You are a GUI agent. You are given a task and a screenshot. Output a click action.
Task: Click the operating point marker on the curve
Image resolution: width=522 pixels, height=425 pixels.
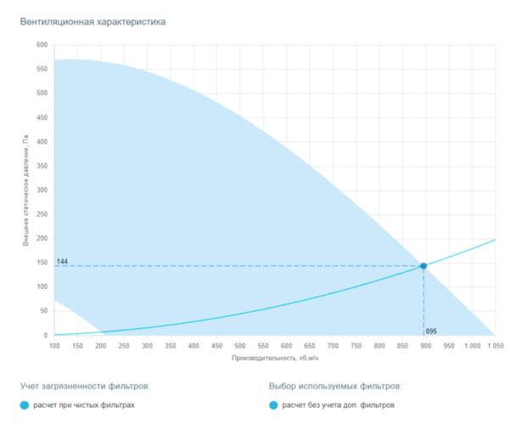tap(424, 266)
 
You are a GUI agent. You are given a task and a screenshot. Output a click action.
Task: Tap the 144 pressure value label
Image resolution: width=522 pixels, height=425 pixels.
tap(62, 261)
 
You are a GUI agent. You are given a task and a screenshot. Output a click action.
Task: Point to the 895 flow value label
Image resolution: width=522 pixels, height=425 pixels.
tap(431, 331)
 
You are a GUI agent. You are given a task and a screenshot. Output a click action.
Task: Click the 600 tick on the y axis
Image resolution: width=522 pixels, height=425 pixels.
tap(42, 45)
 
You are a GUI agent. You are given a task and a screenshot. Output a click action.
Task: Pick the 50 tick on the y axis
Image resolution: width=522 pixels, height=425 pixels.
tap(43, 311)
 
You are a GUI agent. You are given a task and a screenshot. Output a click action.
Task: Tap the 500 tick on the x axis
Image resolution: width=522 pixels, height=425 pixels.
tap(241, 346)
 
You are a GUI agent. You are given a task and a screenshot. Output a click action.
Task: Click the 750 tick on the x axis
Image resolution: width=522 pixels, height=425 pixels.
tap(357, 346)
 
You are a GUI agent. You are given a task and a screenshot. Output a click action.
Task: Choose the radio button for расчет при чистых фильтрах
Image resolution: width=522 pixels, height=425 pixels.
tap(24, 405)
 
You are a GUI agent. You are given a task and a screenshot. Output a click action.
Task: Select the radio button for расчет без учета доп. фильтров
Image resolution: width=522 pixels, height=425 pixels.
tap(273, 405)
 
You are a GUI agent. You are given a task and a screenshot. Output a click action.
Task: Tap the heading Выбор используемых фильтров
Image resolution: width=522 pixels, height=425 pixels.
tap(334, 386)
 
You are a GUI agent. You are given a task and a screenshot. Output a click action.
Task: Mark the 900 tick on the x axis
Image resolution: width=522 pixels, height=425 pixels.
tap(427, 346)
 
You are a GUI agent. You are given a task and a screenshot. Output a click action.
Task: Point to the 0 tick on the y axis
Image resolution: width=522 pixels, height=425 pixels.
tap(46, 335)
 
